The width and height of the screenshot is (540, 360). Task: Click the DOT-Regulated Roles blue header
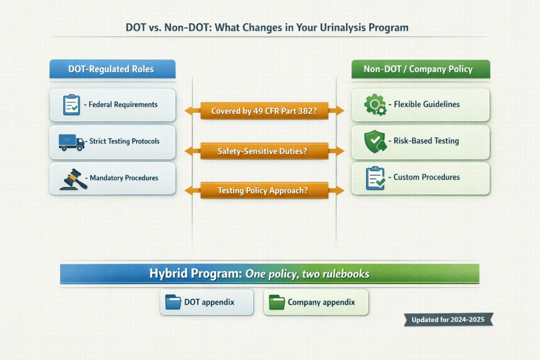[x=112, y=70]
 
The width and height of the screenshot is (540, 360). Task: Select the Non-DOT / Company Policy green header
[x=421, y=70]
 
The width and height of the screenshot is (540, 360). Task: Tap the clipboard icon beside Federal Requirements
[x=71, y=105]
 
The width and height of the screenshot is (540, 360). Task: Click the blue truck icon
[x=71, y=141]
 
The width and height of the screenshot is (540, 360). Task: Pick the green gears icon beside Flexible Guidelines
[x=375, y=104]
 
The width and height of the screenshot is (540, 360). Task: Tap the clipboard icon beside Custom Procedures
[x=375, y=178]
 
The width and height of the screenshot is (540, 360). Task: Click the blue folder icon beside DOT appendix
[x=173, y=303]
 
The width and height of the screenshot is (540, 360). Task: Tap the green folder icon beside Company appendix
[x=277, y=303]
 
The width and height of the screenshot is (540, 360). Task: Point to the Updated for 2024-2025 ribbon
[x=448, y=319]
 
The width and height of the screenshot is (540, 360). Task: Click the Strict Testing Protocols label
[x=124, y=141]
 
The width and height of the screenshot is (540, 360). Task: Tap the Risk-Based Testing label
[x=426, y=141]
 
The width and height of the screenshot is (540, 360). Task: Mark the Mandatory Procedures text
[x=124, y=178]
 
